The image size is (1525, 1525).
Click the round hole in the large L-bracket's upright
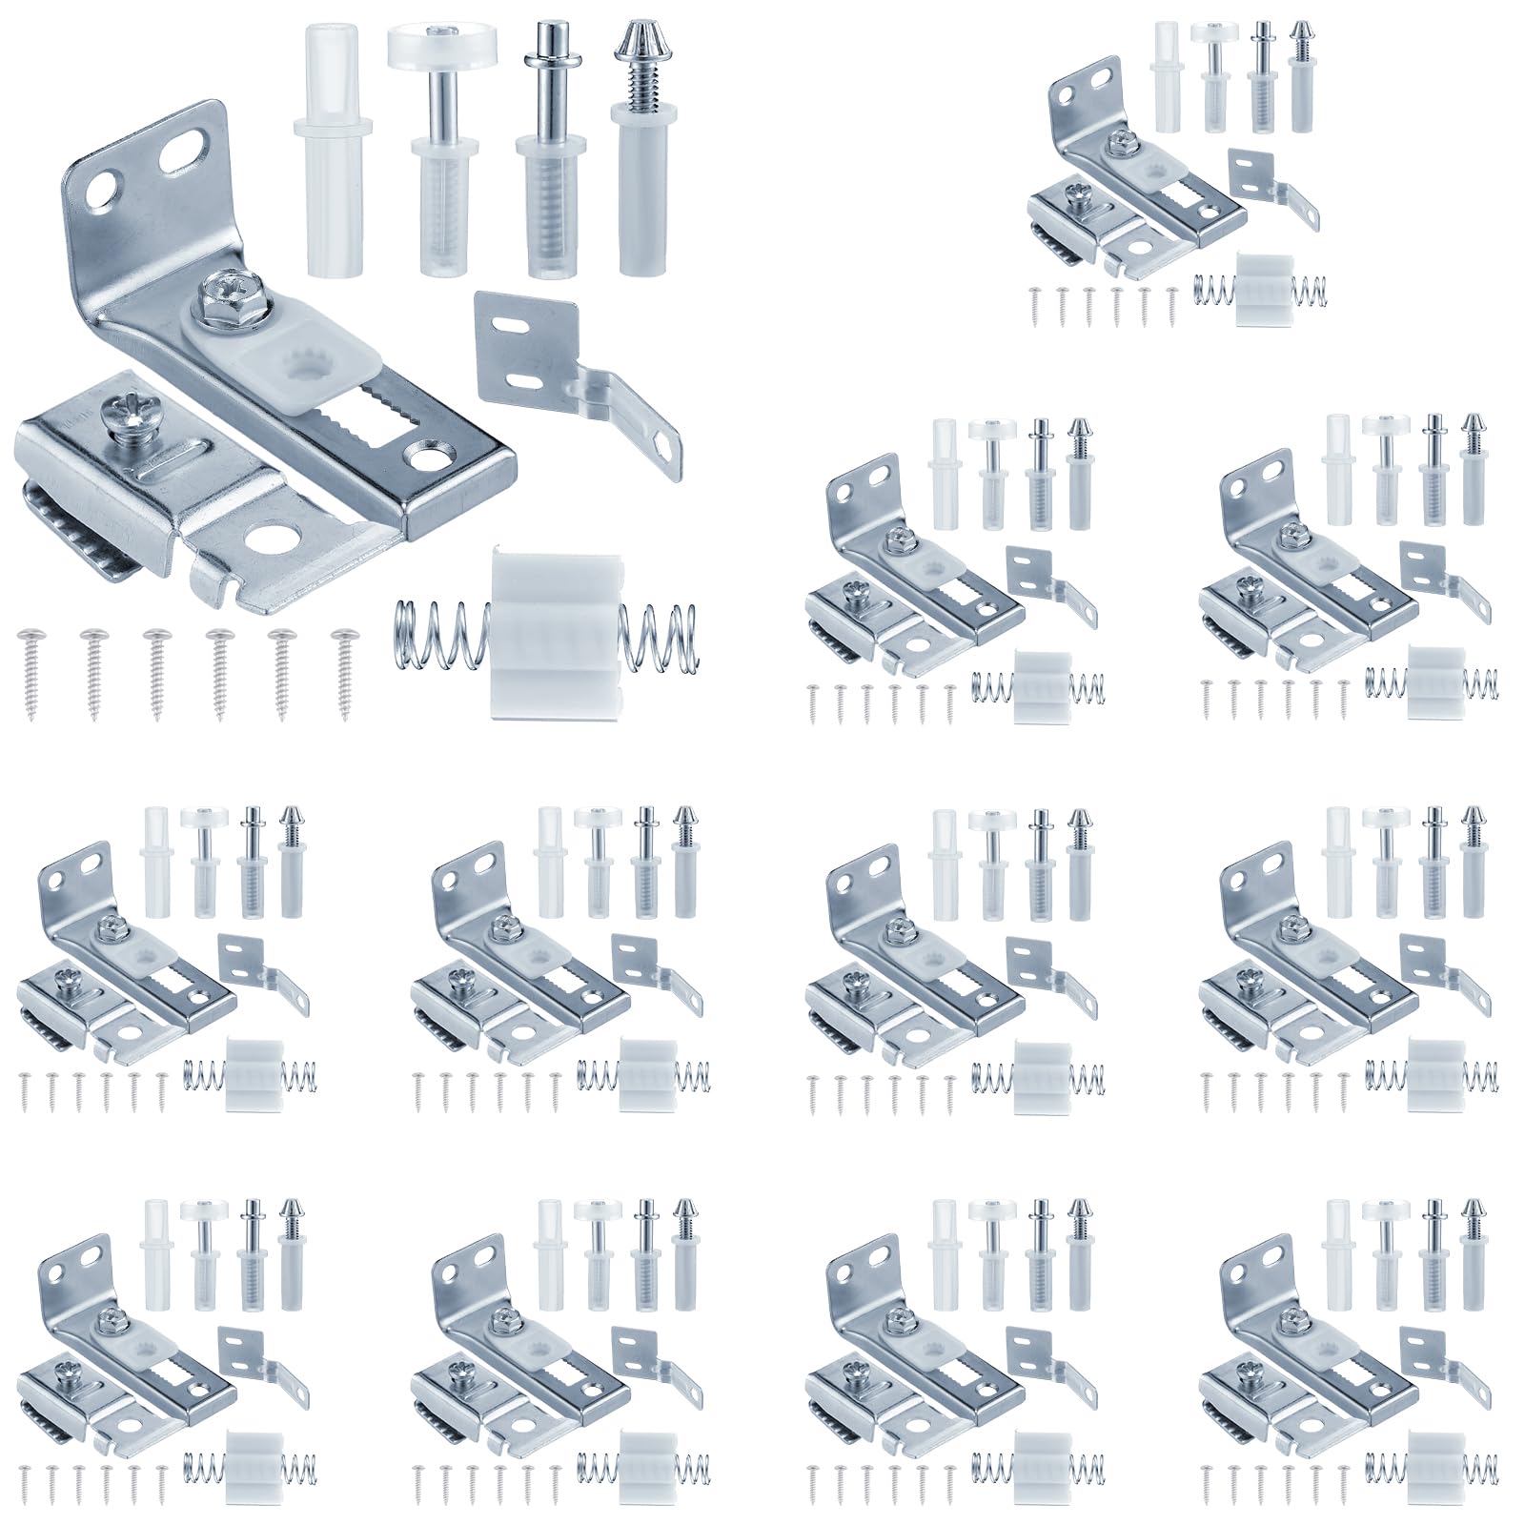pos(98,192)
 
